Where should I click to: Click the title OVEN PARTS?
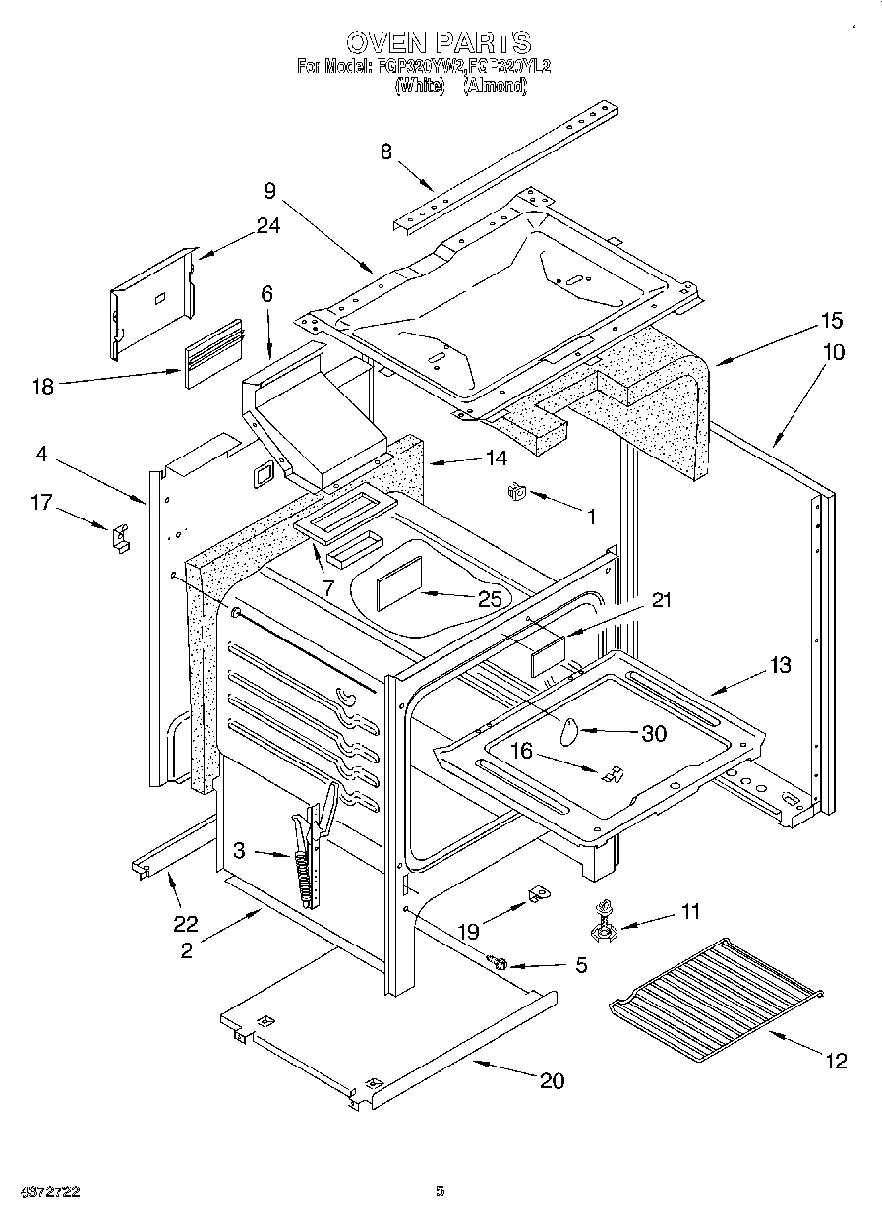[439, 42]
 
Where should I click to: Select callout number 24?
[267, 225]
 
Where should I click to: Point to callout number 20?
[553, 1080]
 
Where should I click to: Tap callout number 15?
[832, 321]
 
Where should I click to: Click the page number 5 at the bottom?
[440, 1191]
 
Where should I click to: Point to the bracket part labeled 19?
[535, 894]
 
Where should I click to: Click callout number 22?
[185, 923]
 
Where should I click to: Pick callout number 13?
[780, 666]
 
